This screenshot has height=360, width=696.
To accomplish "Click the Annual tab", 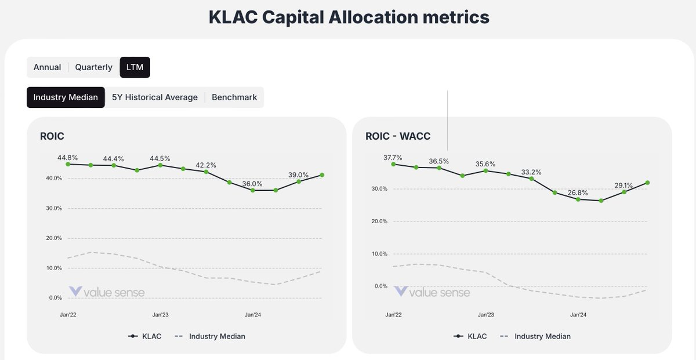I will pos(47,67).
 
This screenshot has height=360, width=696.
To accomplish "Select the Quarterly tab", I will pos(93,67).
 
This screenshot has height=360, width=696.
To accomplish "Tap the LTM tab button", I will pos(135,67).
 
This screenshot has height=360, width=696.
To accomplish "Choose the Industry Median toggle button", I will pos(66,97).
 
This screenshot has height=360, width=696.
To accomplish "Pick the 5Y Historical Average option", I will pos(154,97).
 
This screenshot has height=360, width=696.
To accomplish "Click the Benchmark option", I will pos(234,97).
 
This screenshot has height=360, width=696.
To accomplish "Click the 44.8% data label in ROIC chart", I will pos(68,157).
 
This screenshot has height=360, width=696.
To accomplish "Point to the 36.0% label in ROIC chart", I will pos(252,184).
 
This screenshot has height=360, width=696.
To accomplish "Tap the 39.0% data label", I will pos(299,175).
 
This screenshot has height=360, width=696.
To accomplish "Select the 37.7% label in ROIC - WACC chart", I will pos(393,157).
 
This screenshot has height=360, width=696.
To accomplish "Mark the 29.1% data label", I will pos(624,186).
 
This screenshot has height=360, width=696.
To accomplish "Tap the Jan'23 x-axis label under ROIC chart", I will pos(161,315).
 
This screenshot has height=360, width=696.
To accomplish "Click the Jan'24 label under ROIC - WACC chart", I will pos(578,315).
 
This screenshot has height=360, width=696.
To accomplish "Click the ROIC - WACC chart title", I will pos(406,136).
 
